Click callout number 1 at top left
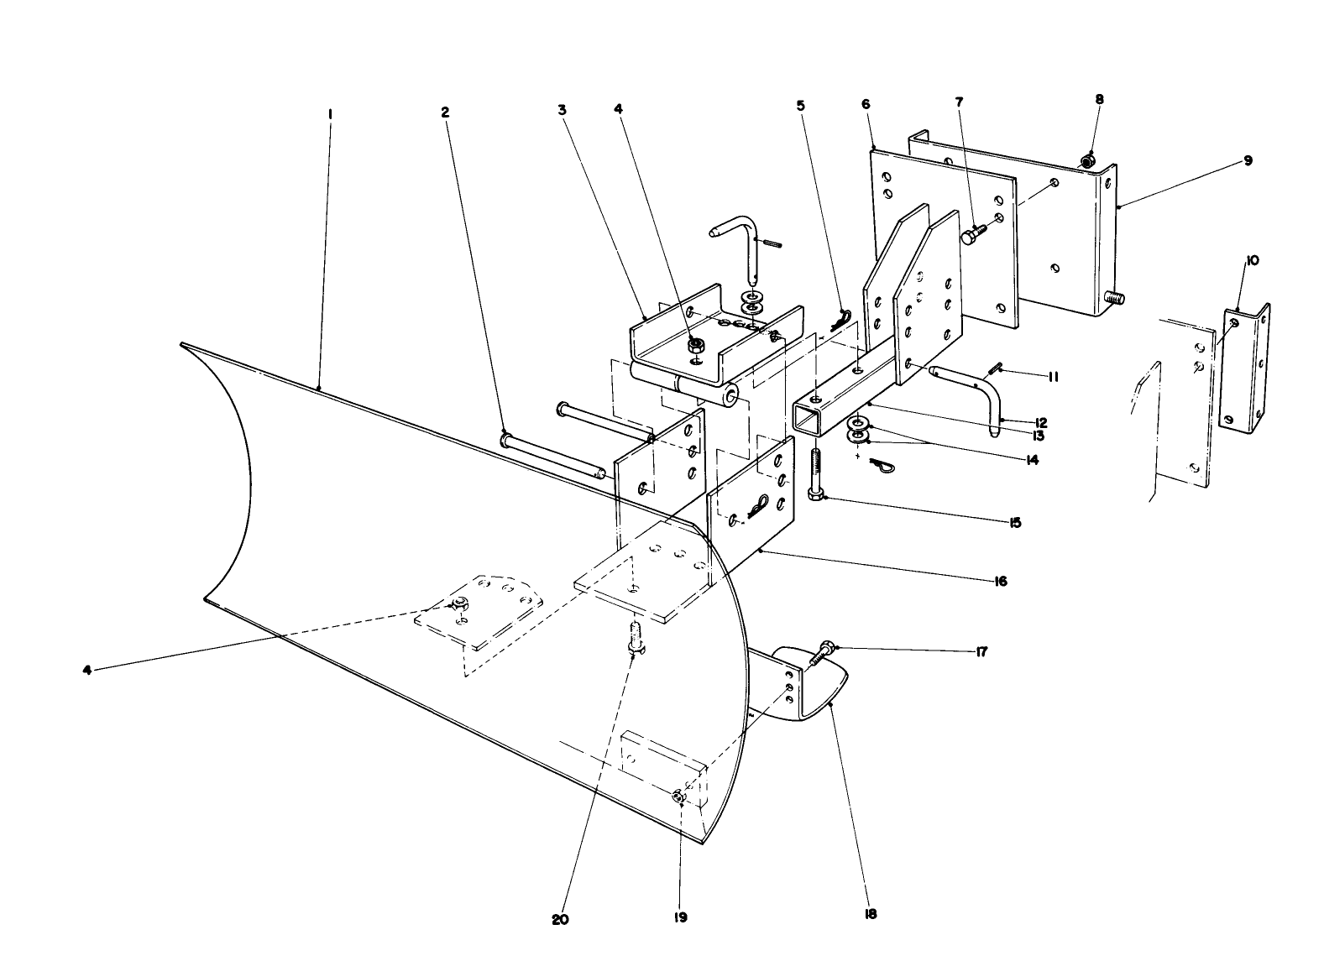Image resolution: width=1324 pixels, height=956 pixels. coord(330,112)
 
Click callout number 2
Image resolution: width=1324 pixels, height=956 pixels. coord(445,112)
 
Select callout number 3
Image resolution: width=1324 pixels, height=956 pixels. coord(563,109)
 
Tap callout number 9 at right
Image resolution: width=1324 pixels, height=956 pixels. coord(1248,160)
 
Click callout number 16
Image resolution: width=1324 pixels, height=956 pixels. coord(999,581)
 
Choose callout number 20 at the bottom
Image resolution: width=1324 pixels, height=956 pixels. coord(560,919)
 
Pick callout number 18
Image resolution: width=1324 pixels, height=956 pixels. coord(870,914)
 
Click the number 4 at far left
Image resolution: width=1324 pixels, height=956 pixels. coord(87,669)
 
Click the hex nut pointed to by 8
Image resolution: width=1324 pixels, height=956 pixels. coord(1087,159)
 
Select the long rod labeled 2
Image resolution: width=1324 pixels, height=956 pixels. coord(554,457)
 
